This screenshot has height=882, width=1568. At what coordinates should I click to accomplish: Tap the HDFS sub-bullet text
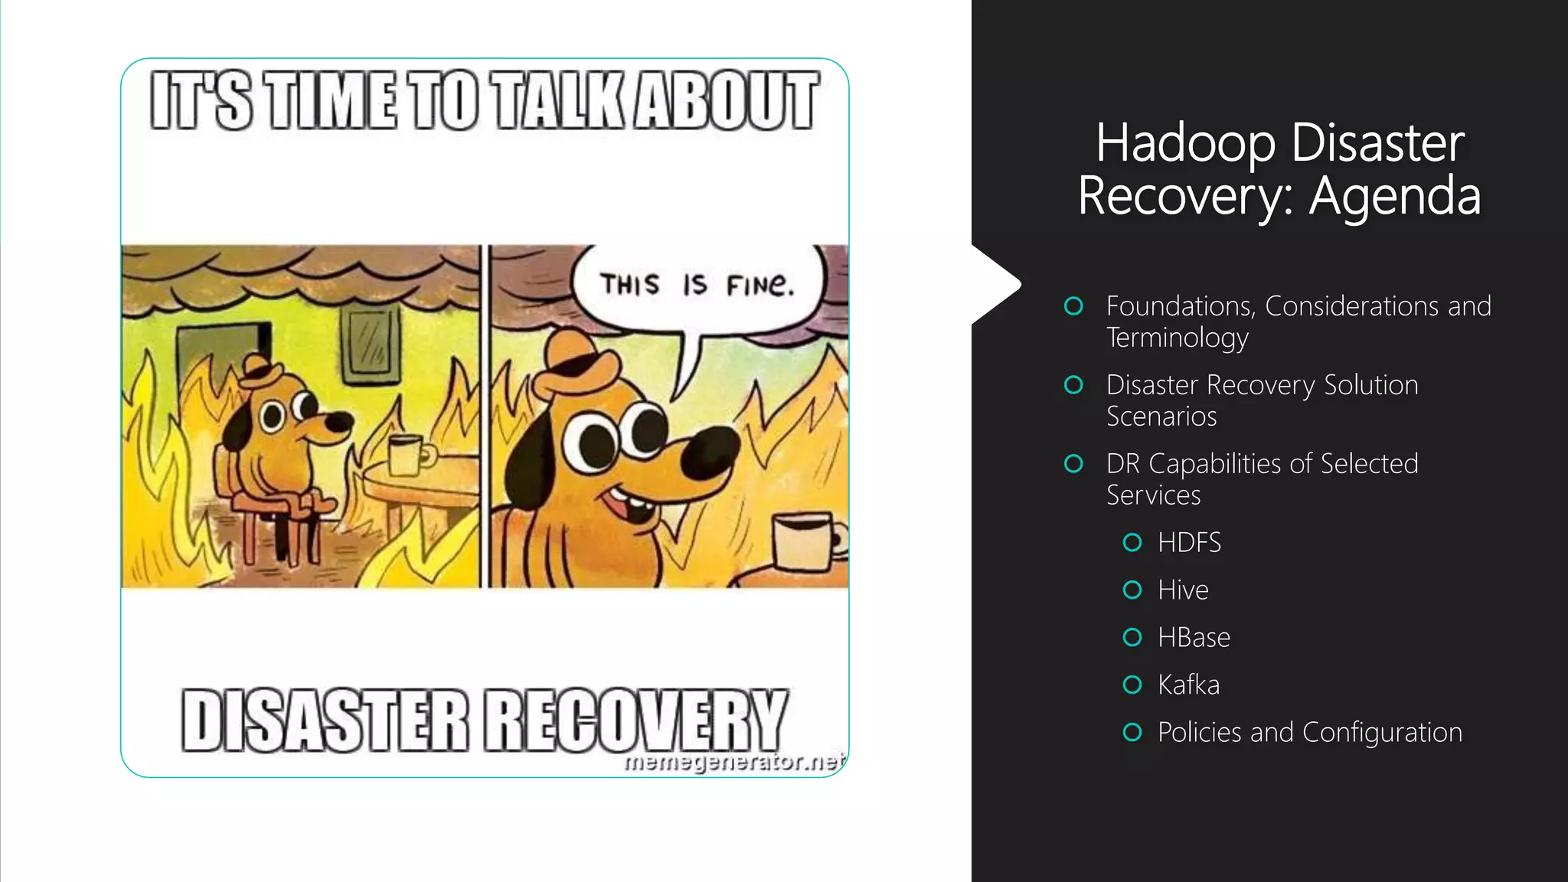[x=1189, y=543]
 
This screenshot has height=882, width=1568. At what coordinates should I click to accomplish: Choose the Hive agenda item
[x=1183, y=590]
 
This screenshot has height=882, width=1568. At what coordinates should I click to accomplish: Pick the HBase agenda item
[x=1194, y=638]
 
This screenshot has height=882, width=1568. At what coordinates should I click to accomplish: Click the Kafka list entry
[x=1188, y=685]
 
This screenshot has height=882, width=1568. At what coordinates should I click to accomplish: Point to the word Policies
[x=1199, y=733]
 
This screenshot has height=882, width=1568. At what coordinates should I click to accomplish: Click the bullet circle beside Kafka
[x=1132, y=684]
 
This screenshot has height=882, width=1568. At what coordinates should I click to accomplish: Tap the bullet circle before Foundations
[x=1073, y=306]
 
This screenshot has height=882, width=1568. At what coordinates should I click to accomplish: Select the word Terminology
[x=1177, y=338]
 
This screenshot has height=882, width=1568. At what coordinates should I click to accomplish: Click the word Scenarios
[x=1161, y=416]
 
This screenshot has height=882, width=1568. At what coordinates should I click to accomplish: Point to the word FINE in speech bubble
[x=759, y=286]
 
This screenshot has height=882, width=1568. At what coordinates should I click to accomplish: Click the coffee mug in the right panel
[x=804, y=542]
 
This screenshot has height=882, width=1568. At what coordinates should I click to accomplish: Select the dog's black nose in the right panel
[x=709, y=452]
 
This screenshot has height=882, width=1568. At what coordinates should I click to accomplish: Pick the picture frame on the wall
[x=371, y=344]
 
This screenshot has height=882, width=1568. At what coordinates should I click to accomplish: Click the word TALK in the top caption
[x=559, y=101]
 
